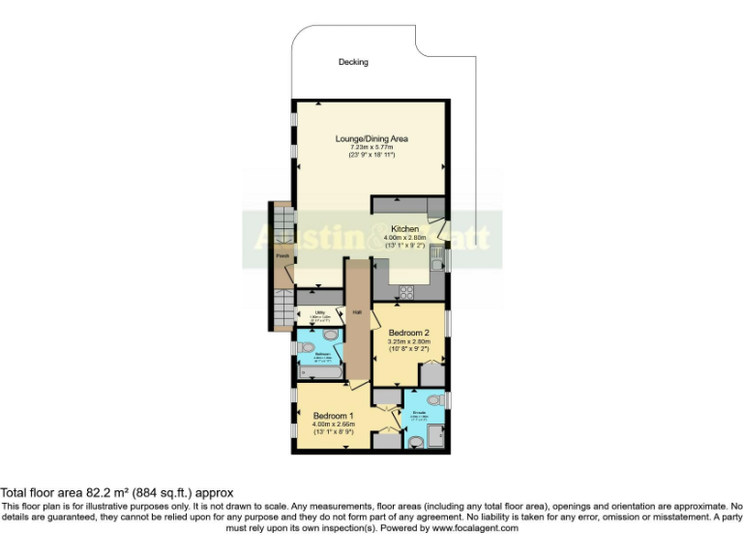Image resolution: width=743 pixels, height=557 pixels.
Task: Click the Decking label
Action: [353, 63]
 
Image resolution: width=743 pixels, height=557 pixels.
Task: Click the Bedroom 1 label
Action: [333, 416]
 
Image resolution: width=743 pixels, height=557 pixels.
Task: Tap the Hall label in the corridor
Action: [356, 312]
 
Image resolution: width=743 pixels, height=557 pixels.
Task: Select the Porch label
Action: [282, 255]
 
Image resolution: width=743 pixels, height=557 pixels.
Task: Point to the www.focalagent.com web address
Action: [473, 528]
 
